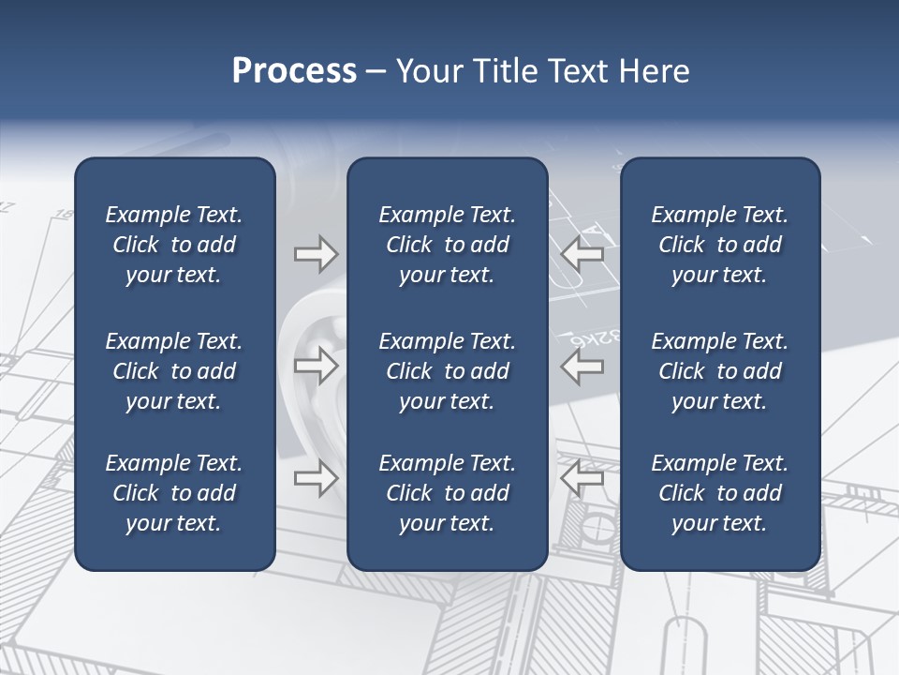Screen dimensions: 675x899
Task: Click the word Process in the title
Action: (x=294, y=71)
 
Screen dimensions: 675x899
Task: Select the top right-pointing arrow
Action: (x=317, y=253)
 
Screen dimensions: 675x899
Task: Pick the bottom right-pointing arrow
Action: (x=317, y=478)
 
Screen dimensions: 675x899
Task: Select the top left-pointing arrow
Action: (x=582, y=253)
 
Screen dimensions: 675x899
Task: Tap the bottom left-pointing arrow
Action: (x=582, y=478)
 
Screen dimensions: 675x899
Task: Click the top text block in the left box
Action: (x=174, y=245)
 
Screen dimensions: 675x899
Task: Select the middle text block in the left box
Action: (x=174, y=371)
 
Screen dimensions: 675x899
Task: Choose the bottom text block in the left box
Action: (x=174, y=493)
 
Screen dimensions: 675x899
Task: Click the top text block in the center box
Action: (x=447, y=245)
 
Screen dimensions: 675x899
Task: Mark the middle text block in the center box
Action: (x=447, y=371)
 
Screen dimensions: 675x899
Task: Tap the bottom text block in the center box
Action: (x=447, y=493)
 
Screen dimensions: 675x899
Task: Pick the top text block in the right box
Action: (x=720, y=245)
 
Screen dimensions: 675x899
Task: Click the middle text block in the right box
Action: (x=720, y=371)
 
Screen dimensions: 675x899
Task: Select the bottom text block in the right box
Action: (x=720, y=493)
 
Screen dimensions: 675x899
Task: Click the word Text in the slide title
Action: (x=579, y=71)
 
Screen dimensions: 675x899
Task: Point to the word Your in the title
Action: (x=430, y=71)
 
